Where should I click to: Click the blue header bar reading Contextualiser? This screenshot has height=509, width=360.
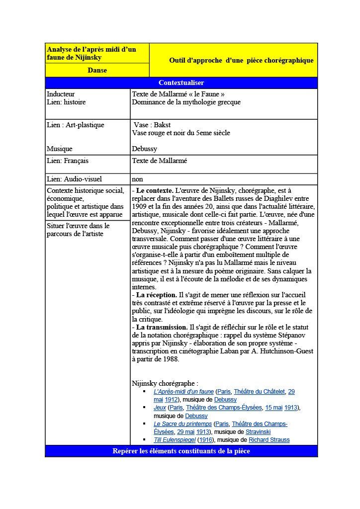pyautogui.click(x=181, y=83)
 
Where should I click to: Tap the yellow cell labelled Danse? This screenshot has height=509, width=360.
pyautogui.click(x=97, y=70)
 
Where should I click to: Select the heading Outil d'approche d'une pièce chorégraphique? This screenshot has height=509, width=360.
pyautogui.click(x=241, y=60)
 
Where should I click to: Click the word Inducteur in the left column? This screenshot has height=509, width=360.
pyautogui.click(x=61, y=94)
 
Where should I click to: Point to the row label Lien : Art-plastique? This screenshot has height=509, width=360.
pyautogui.click(x=76, y=125)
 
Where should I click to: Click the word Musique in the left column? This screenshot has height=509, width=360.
pyautogui.click(x=60, y=149)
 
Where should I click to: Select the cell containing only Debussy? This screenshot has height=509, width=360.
pyautogui.click(x=144, y=149)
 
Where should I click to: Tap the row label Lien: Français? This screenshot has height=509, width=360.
pyautogui.click(x=68, y=161)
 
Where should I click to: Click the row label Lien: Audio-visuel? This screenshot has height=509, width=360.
pyautogui.click(x=74, y=179)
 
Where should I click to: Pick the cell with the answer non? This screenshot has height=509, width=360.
pyautogui.click(x=137, y=179)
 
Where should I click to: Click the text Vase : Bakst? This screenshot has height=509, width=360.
pyautogui.click(x=152, y=125)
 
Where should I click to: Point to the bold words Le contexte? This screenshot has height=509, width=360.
pyautogui.click(x=155, y=190)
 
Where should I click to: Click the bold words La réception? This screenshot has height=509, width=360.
pyautogui.click(x=157, y=295)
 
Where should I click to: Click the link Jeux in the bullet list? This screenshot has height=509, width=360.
pyautogui.click(x=160, y=408)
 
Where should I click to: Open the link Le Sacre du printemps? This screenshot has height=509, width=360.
pyautogui.click(x=182, y=424)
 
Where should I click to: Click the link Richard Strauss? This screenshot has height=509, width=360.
pyautogui.click(x=269, y=440)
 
